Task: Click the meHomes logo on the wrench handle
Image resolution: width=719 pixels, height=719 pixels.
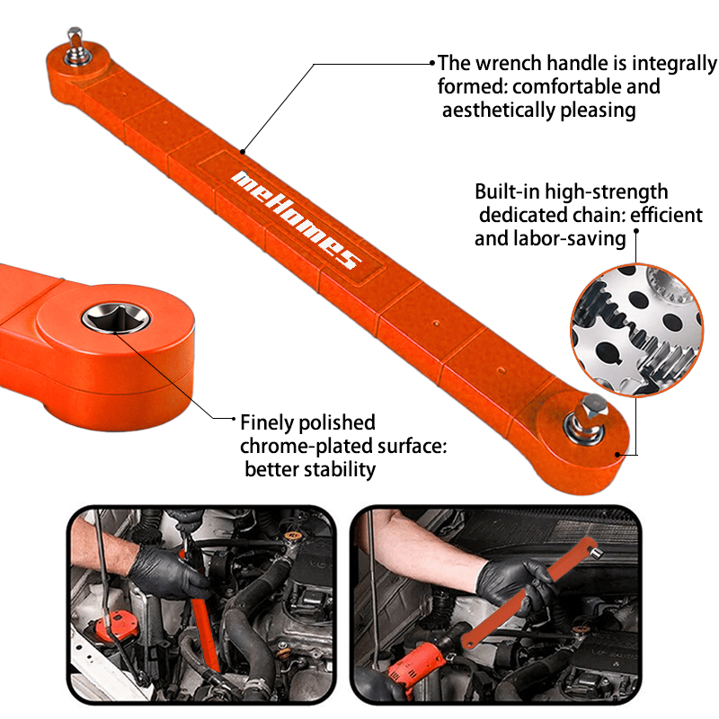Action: click(297, 219)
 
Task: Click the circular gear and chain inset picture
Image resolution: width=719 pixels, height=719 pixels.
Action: click(636, 330)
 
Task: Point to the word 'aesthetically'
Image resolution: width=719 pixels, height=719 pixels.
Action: click(499, 111)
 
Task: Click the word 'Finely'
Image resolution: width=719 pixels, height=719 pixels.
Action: click(267, 422)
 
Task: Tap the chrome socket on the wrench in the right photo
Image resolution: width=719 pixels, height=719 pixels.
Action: click(596, 553)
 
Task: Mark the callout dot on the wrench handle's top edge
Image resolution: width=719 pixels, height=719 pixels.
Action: click(243, 152)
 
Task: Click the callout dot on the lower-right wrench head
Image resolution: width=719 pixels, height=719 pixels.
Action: click(617, 455)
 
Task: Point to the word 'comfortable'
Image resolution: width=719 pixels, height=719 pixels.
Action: click(564, 86)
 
